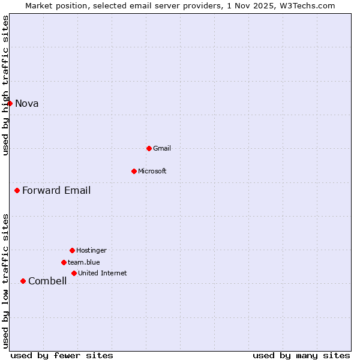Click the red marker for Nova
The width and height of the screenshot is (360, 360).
[10, 103]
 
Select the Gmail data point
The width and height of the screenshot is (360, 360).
[149, 148]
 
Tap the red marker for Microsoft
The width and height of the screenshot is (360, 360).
[134, 171]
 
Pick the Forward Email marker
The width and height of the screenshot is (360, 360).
[17, 191]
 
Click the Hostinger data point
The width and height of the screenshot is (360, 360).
[72, 250]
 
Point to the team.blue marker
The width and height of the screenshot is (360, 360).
[64, 262]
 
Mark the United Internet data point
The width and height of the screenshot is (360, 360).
[74, 273]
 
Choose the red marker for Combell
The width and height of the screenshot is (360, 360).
[23, 281]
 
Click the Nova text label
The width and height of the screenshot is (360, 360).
[27, 104]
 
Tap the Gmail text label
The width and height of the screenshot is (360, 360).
[163, 148]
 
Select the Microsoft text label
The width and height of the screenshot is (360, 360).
[152, 171]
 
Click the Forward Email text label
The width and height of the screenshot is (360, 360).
[56, 191]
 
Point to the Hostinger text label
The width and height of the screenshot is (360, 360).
[91, 250]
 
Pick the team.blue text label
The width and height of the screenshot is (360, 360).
[84, 262]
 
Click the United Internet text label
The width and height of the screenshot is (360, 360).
[103, 273]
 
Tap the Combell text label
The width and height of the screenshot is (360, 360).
[47, 281]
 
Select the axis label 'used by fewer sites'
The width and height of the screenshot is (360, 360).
[62, 355]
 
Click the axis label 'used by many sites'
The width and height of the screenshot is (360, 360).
[301, 355]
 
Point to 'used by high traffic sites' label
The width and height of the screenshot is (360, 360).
[6, 85]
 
